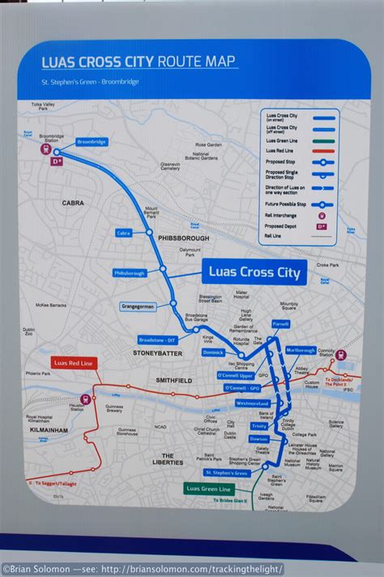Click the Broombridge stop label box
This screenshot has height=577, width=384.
coord(92,141)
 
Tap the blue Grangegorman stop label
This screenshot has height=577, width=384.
coord(138,307)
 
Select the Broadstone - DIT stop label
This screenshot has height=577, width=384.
coord(157,340)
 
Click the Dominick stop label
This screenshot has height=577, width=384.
coord(213,353)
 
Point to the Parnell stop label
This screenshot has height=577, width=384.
coord(280,323)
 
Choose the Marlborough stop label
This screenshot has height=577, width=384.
coord(301,351)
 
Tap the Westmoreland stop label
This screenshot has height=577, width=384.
coord(252,403)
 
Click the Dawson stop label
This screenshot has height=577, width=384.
coord(258,439)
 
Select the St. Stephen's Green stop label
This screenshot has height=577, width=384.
coord(227,472)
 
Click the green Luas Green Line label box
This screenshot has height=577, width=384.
coord(208,489)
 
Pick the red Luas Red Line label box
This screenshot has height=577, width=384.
coord(73,362)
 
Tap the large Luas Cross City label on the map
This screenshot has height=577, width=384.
coord(254,273)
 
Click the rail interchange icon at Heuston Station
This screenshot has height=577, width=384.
coord(85,398)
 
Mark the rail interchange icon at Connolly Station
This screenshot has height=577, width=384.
coord(341,355)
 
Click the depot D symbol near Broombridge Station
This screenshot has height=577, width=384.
coord(57,161)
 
